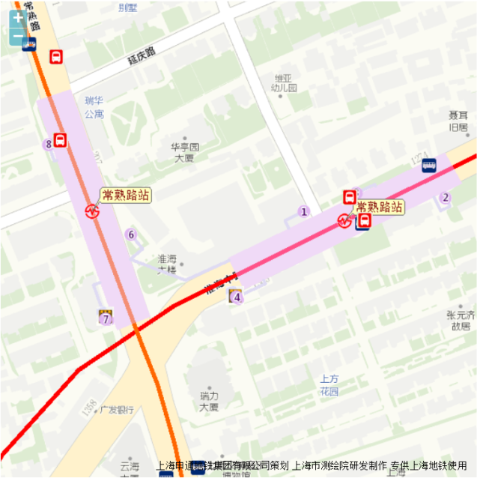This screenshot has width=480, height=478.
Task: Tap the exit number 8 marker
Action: pos(49,144)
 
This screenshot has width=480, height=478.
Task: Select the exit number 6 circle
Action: pos(131,235)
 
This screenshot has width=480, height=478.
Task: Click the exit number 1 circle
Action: pos(304,211)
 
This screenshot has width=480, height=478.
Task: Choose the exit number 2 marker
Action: pos(446,198)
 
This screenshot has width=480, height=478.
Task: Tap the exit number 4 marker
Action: pos(237,297)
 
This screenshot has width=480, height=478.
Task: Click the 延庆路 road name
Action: pos(142,54)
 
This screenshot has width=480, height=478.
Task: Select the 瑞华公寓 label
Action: pos(94,106)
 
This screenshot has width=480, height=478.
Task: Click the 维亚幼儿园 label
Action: pos(285,82)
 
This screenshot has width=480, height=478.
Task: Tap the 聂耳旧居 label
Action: pos(458,121)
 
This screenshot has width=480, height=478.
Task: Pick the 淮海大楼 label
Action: pos(167,264)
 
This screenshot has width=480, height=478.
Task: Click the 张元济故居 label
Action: pos(459,320)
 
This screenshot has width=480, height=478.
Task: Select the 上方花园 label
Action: pos(329,385)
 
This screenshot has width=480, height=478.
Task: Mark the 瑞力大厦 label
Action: pos(209,401)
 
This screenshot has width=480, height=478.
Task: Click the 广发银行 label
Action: pos(117,410)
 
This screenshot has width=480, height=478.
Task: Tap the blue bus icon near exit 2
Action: pos(429,166)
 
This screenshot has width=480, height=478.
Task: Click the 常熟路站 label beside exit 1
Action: pos(379,207)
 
